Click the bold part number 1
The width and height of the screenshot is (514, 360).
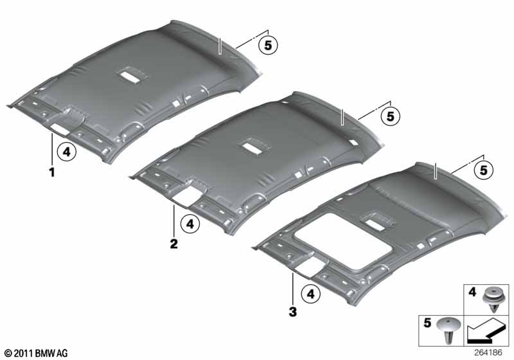click(x=52, y=172)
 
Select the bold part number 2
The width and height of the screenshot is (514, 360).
click(x=173, y=244)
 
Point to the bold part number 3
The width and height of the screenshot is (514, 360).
click(x=292, y=312)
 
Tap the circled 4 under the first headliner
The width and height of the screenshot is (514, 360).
click(x=67, y=152)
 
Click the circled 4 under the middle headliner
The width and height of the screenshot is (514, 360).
click(x=190, y=224)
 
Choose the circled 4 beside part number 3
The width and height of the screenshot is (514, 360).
click(x=311, y=294)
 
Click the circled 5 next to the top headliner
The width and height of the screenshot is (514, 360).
click(x=268, y=45)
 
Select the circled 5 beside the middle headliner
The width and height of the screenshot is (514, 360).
click(x=391, y=116)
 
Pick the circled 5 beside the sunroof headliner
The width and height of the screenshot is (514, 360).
click(x=484, y=170)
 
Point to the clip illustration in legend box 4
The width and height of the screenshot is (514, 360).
click(x=493, y=299)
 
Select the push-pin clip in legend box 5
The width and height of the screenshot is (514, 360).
click(x=448, y=330)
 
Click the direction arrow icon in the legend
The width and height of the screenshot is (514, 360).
click(x=485, y=332)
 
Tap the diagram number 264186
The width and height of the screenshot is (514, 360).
click(x=488, y=352)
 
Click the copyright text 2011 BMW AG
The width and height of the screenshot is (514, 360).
click(x=36, y=354)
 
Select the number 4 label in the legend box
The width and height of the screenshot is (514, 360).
click(x=472, y=291)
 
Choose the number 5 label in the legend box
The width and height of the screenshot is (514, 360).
click(x=427, y=323)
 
